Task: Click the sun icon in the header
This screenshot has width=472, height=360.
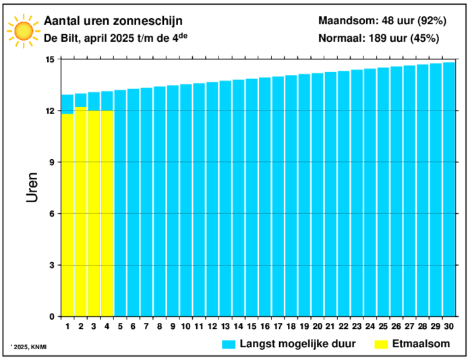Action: click(24, 31)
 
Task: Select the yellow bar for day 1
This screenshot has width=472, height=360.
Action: click(67, 215)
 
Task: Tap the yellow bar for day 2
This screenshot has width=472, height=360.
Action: click(81, 212)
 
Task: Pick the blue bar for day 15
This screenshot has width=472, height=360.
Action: click(252, 198)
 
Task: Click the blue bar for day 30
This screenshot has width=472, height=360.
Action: click(449, 189)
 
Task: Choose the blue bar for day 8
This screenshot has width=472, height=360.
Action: click(160, 202)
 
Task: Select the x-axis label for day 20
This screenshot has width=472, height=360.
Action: click(318, 326)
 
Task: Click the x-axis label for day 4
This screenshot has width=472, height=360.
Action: click(107, 326)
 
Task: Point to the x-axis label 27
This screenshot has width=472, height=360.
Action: click(409, 326)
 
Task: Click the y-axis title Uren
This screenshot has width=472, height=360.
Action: click(32, 187)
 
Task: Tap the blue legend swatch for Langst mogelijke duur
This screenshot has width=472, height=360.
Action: click(229, 344)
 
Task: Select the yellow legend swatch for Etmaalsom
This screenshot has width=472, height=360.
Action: click(381, 344)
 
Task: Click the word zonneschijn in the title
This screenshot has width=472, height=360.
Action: click(148, 22)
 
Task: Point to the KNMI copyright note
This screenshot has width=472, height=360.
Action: click(30, 347)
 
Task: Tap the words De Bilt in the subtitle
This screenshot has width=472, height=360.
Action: click(61, 38)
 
